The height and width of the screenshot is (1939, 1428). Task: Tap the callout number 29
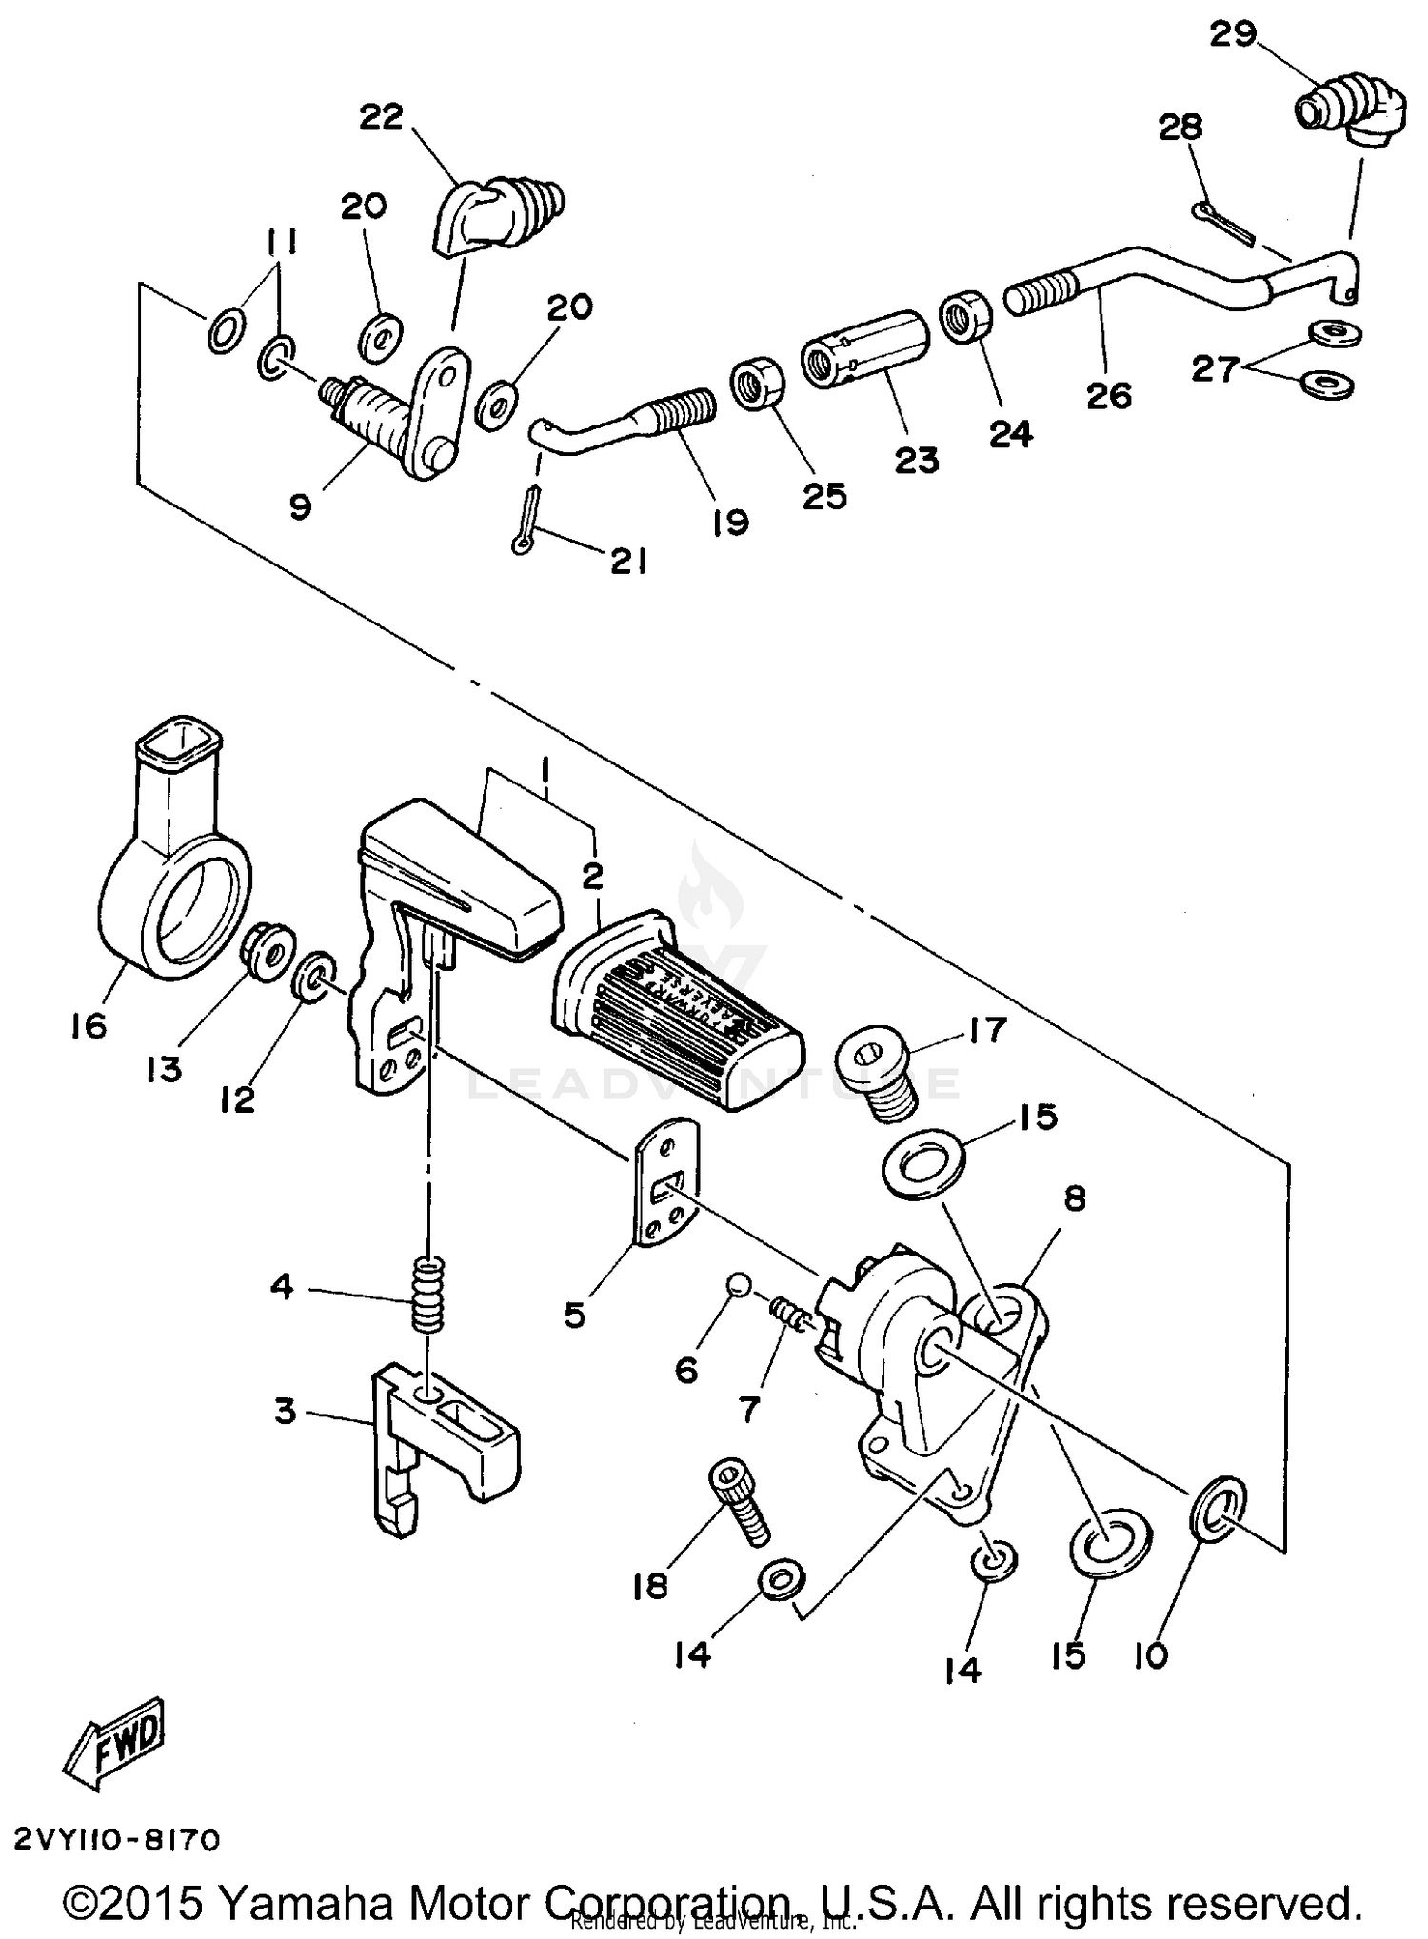(x=1233, y=35)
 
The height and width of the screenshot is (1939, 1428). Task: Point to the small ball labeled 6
(x=736, y=1286)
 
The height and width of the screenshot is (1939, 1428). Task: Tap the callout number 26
(x=1109, y=394)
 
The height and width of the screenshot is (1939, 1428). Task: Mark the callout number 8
(x=1074, y=1198)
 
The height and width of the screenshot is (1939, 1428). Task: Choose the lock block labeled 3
(x=443, y=1444)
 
